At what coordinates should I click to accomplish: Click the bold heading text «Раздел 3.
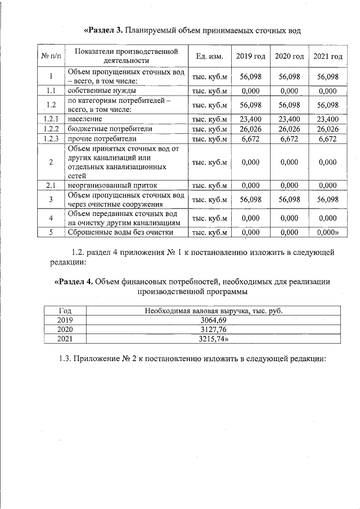coord(103,29)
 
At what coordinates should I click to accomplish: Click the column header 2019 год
coord(250,56)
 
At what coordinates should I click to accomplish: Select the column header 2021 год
coord(328,56)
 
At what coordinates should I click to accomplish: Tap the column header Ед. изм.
coord(209,56)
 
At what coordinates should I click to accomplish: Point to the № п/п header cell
coord(51,56)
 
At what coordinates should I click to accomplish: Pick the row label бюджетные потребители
coord(102,129)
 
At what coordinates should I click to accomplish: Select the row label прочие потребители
coord(94,139)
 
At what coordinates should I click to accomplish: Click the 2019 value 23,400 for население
coord(250,119)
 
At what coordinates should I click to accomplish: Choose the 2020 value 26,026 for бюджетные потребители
coord(289,129)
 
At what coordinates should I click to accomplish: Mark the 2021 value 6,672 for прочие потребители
coord(328,139)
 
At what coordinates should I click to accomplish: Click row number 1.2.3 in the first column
coord(51,139)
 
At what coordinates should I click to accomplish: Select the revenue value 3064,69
coord(213,319)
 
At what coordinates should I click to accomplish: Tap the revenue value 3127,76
coord(213,329)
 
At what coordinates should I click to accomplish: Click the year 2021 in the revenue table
coord(65,339)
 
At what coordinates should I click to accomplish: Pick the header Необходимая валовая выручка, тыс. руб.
coord(213,310)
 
